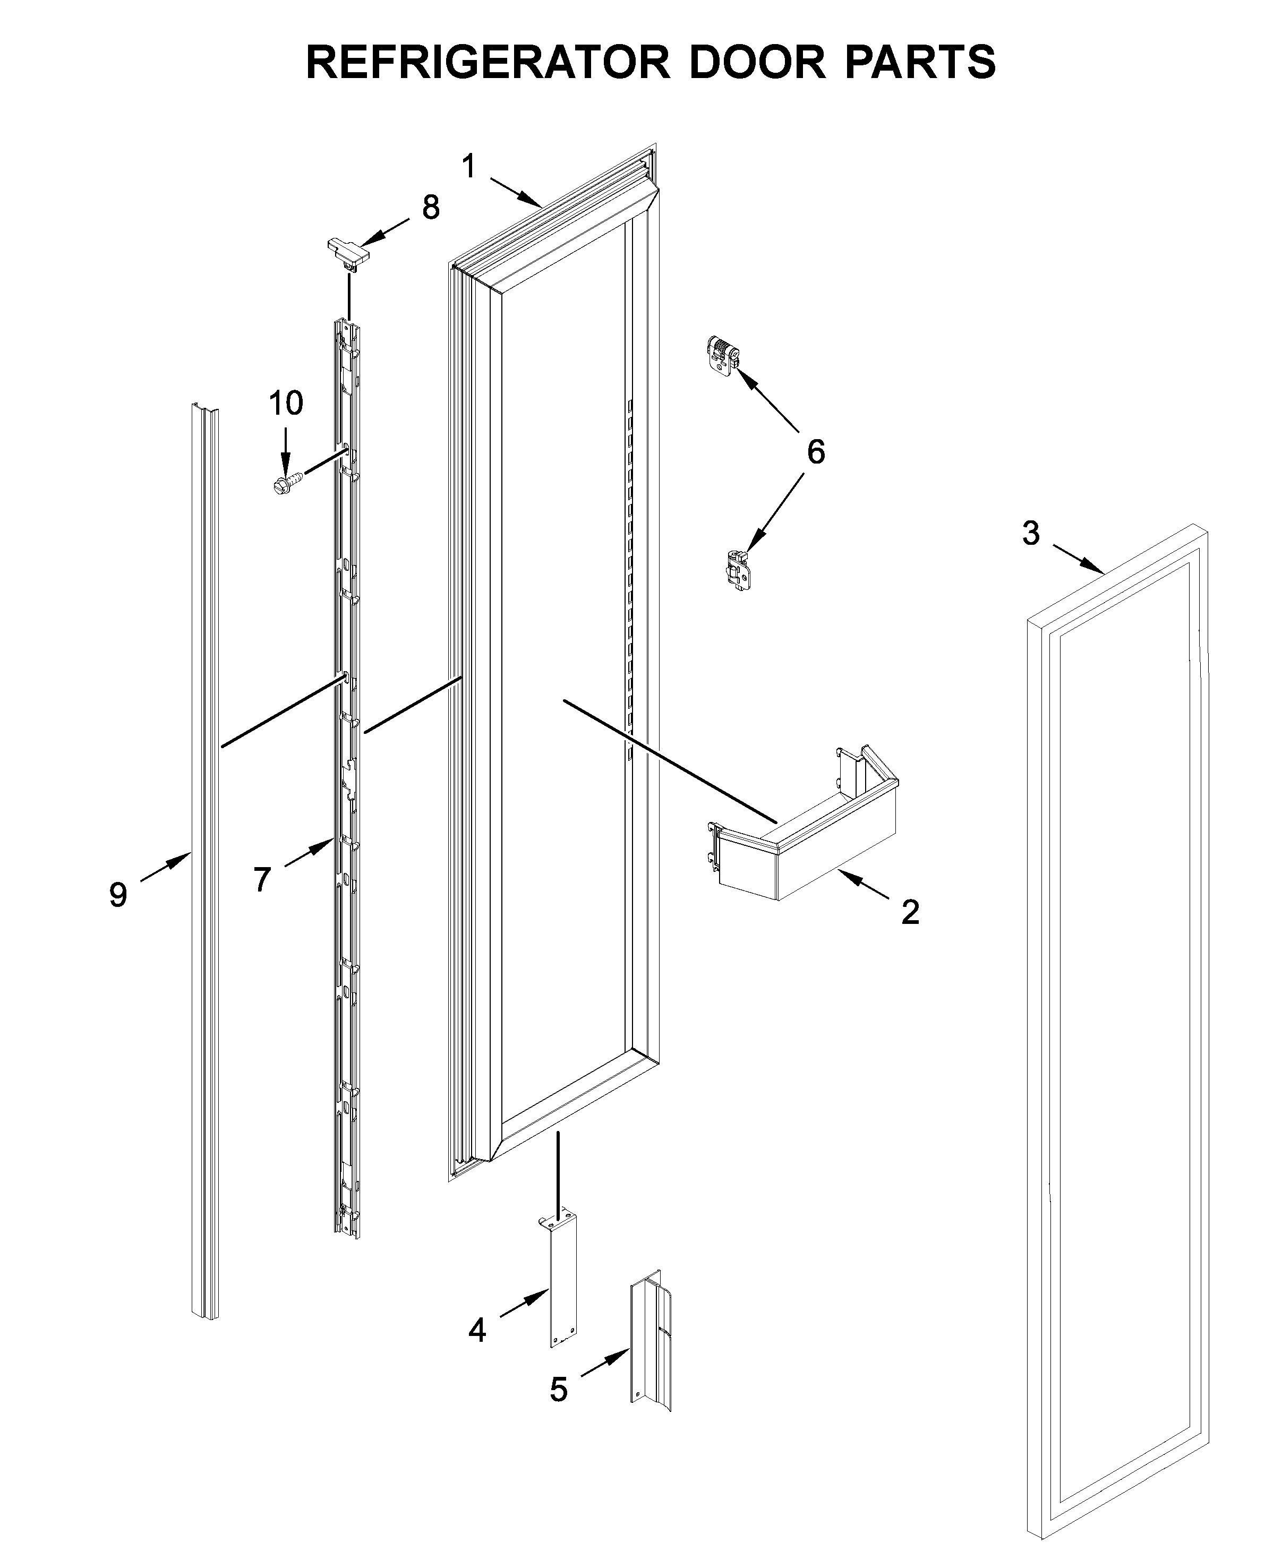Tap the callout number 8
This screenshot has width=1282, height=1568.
431,208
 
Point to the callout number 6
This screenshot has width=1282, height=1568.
815,452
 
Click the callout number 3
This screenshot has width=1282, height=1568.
1031,533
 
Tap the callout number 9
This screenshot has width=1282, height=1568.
118,895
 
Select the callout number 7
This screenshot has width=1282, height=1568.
262,879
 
